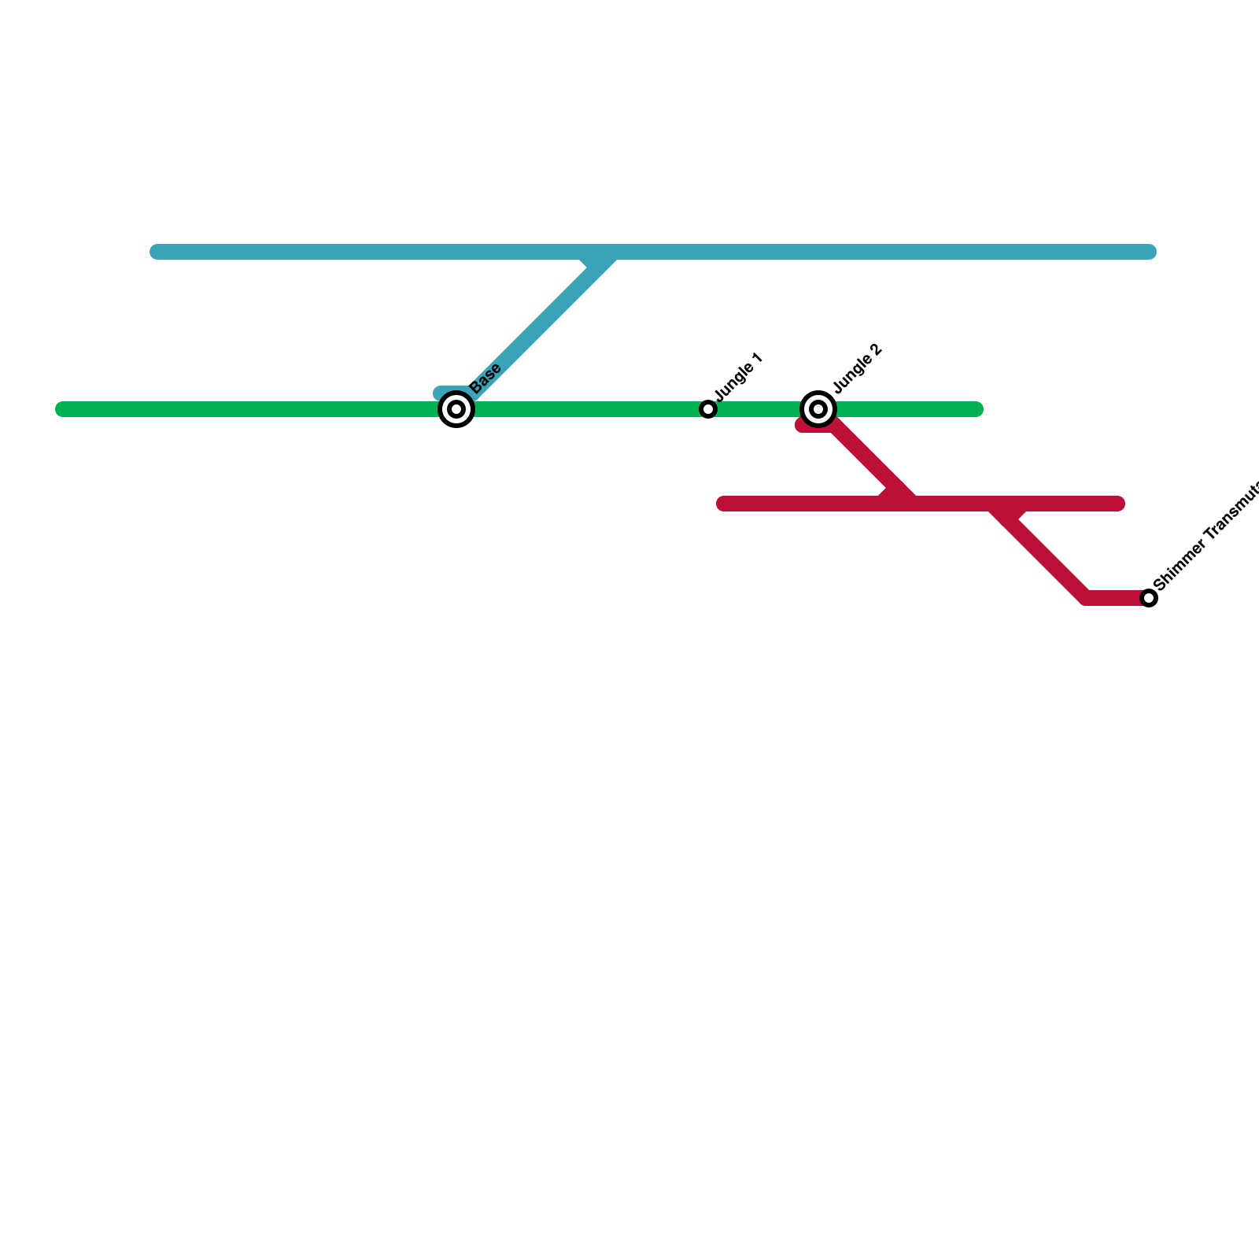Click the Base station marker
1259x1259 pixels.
456,409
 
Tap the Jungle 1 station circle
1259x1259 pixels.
708,409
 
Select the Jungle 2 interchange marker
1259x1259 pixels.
818,409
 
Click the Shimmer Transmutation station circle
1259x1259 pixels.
1149,598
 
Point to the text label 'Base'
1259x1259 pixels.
486,378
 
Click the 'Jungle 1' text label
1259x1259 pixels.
739,376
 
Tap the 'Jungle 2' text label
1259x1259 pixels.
858,368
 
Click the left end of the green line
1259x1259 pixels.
63,409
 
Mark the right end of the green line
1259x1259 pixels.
976,409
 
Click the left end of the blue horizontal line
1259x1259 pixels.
157,252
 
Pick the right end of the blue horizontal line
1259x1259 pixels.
1149,252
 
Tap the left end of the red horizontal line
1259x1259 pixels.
724,504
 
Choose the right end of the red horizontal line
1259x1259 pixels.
1117,504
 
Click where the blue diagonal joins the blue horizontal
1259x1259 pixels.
602,254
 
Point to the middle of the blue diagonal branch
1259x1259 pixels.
535,323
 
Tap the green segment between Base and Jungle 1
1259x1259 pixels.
582,409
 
